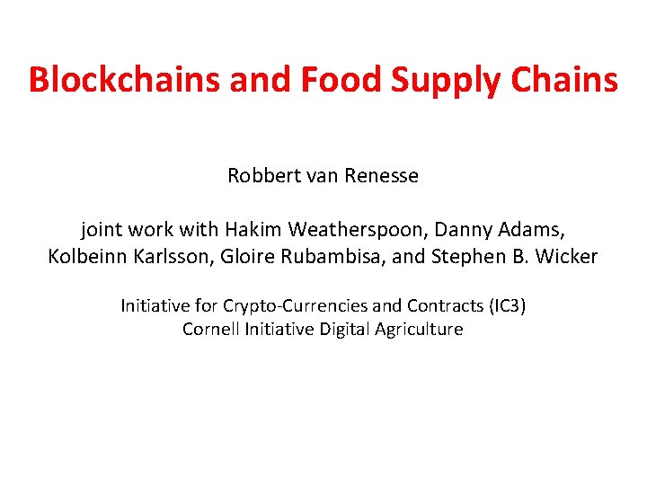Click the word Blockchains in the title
(125, 80)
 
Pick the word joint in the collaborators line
(102, 229)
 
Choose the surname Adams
(529, 229)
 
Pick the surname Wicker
(568, 256)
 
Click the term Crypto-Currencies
(292, 306)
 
